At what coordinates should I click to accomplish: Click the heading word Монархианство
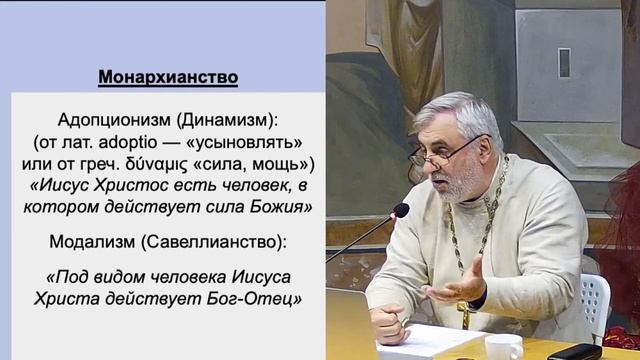tap(168, 77)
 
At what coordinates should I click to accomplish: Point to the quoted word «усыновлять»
tap(239, 142)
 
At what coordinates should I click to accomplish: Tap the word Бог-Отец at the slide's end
tap(258, 297)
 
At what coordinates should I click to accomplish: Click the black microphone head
tap(400, 211)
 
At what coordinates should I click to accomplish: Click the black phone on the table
tap(574, 351)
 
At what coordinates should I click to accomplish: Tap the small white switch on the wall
tap(564, 62)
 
